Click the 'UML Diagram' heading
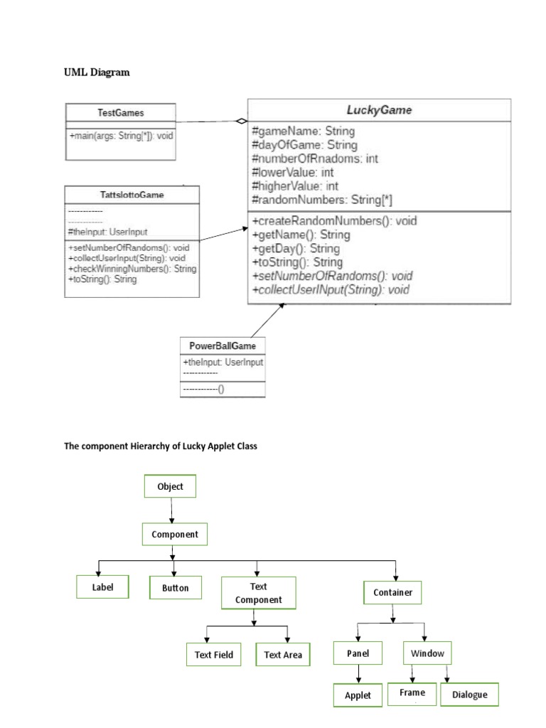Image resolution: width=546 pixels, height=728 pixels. tap(97, 73)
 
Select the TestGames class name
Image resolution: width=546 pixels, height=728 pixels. tap(120, 112)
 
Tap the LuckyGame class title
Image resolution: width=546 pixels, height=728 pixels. tap(378, 110)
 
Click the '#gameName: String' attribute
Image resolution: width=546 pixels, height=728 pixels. tap(304, 132)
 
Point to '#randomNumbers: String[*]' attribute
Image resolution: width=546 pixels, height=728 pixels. tap(322, 199)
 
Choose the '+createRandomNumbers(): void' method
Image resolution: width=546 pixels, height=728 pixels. tap(334, 221)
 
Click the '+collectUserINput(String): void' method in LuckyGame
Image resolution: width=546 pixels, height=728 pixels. tap(331, 290)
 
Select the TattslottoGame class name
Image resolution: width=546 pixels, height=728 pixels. tap(132, 194)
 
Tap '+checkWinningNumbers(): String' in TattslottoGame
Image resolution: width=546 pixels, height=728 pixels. tap(132, 269)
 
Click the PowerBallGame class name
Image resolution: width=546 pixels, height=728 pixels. tap(223, 346)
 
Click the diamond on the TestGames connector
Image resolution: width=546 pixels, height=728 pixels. tap(242, 121)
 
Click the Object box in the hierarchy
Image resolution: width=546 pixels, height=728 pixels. tap(171, 487)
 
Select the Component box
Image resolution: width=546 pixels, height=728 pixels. tap(175, 534)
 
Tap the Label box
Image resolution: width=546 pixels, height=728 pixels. tap(102, 588)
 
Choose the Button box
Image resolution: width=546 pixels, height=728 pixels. tap(175, 588)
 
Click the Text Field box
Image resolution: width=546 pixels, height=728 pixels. tap(214, 655)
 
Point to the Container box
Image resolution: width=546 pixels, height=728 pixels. tap(392, 591)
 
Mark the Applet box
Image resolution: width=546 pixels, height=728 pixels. tap(358, 695)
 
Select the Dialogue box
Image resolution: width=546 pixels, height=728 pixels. tap(469, 695)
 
